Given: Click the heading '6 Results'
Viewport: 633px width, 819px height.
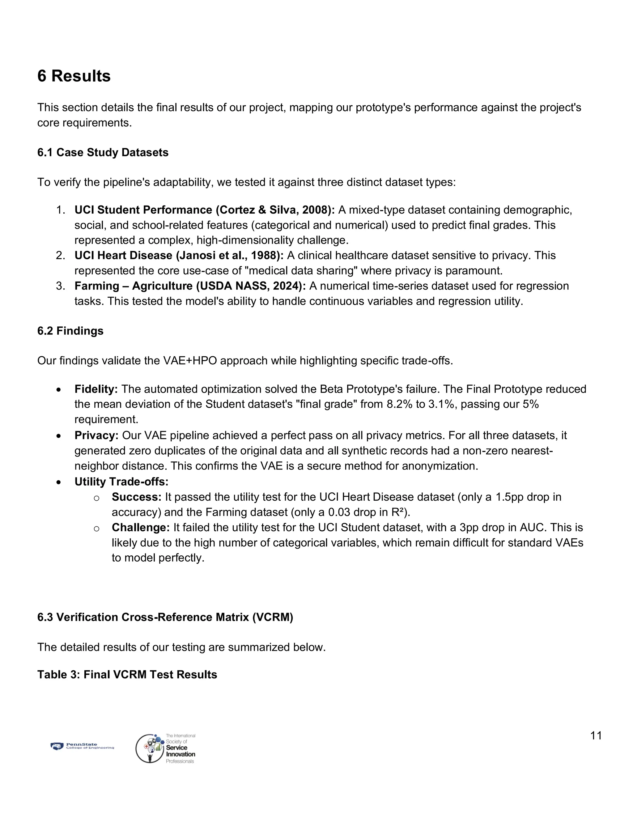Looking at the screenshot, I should click(74, 76).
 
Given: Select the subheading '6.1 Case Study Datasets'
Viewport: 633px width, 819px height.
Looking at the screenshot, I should click(103, 153).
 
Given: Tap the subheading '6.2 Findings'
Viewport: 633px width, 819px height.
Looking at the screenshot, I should click(70, 331).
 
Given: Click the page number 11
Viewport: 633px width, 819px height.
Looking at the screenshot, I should click(596, 736).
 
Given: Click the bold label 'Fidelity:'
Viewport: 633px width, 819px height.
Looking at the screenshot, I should click(96, 389).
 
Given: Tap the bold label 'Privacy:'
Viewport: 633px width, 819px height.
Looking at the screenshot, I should click(96, 435).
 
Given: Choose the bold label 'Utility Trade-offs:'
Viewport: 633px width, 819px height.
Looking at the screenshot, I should click(121, 482).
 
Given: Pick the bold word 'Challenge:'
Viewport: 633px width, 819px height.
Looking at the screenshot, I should click(141, 528).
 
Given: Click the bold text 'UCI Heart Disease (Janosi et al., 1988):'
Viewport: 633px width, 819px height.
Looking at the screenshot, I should click(179, 255).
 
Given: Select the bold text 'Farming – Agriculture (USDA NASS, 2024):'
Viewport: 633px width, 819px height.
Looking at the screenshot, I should click(190, 286).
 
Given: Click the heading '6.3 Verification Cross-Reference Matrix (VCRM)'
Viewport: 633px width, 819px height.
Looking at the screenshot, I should click(165, 617).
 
